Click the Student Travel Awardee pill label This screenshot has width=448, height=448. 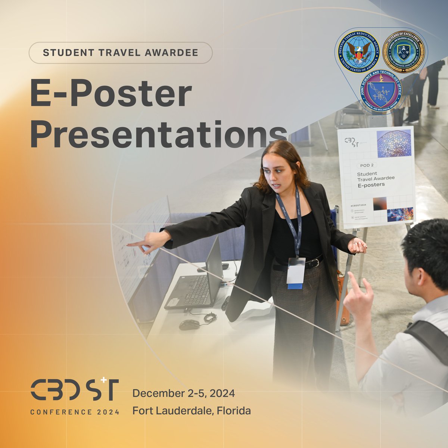pyautogui.click(x=120, y=53)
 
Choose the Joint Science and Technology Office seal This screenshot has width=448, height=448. pyautogui.click(x=381, y=93)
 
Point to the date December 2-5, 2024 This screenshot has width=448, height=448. pyautogui.click(x=183, y=393)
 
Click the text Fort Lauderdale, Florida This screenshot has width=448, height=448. pyautogui.click(x=192, y=411)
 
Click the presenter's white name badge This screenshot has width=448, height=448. pyautogui.click(x=296, y=272)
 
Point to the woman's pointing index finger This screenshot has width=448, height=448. pyautogui.click(x=131, y=245)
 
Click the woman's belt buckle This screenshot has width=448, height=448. pyautogui.click(x=317, y=262)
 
